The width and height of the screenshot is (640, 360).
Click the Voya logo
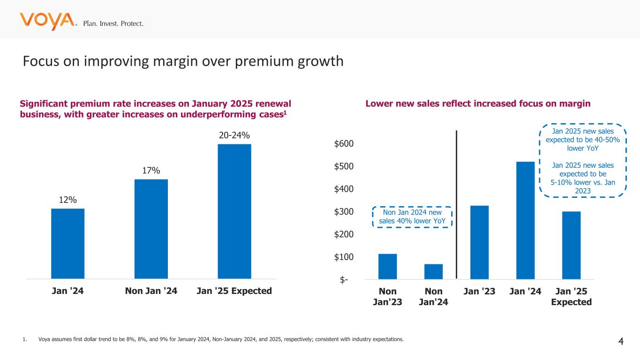pyautogui.click(x=47, y=21)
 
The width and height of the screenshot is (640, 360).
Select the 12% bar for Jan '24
pyautogui.click(x=68, y=243)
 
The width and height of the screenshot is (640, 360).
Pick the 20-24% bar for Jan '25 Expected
pyautogui.click(x=234, y=211)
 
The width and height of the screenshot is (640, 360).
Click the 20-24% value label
pyautogui.click(x=234, y=135)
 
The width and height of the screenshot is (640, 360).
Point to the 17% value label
pyautogui.click(x=151, y=171)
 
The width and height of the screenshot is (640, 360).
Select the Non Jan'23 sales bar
pyautogui.click(x=387, y=266)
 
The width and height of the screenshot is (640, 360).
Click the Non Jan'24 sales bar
pyautogui.click(x=433, y=271)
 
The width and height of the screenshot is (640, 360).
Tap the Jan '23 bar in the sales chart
pyautogui.click(x=479, y=242)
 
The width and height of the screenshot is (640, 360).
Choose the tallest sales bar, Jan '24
pyautogui.click(x=525, y=220)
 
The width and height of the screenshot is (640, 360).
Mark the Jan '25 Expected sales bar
pyautogui.click(x=571, y=245)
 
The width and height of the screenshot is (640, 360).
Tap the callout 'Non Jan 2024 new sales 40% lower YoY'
pyautogui.click(x=412, y=217)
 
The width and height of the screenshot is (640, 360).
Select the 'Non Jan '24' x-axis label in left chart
pyautogui.click(x=151, y=291)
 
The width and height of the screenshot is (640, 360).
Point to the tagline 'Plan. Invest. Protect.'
pyautogui.click(x=113, y=23)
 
